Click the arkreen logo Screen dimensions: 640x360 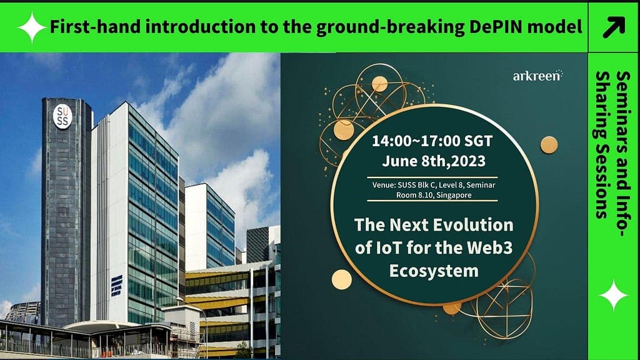pos(537,76)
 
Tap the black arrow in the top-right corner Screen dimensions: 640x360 pos(614,27)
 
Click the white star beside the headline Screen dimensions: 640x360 pos(32,27)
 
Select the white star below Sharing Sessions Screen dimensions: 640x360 pos(613,295)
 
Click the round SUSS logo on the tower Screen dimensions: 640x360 pos(62,116)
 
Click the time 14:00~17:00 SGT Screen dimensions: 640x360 pos(432,141)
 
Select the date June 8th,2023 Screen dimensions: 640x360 pos(434,161)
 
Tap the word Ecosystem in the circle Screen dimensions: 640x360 pos(434,271)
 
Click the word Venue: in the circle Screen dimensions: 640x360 pos(384,185)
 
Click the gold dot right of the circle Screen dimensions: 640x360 pos(549,145)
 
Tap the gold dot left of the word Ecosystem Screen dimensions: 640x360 pos(342,279)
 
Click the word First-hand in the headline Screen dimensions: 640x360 pos(96,27)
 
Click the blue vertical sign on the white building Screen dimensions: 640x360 pos(116,285)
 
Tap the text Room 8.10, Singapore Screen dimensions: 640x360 pos(434,195)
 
